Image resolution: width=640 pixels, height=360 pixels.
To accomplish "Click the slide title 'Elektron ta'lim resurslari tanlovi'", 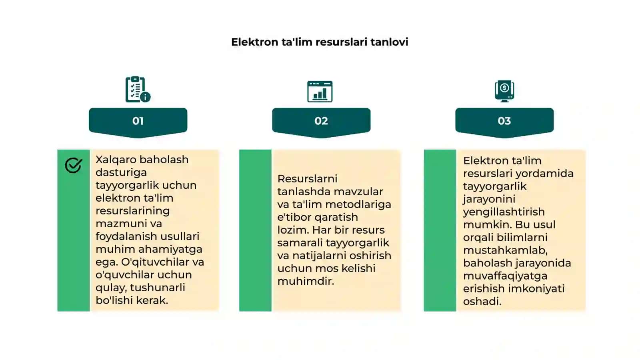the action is pyautogui.click(x=320, y=42).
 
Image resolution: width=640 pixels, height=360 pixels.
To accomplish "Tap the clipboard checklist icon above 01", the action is pyautogui.click(x=138, y=89).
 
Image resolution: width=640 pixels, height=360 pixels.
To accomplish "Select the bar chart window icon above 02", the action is pyautogui.click(x=320, y=92).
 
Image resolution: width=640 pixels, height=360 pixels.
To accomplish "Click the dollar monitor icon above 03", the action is pyautogui.click(x=504, y=91).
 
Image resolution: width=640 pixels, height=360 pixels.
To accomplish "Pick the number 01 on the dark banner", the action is pyautogui.click(x=138, y=121).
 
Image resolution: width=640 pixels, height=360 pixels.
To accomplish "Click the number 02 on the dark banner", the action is pyautogui.click(x=321, y=121).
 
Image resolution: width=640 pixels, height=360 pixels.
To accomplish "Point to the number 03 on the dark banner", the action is pyautogui.click(x=504, y=121).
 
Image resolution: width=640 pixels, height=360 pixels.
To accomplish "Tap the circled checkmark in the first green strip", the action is pyautogui.click(x=74, y=165).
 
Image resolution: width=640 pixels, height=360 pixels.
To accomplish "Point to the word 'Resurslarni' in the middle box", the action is pyautogui.click(x=308, y=179).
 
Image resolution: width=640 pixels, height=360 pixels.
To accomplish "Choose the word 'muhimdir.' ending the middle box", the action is pyautogui.click(x=306, y=281).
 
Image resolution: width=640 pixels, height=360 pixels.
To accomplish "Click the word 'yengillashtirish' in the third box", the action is pyautogui.click(x=504, y=212).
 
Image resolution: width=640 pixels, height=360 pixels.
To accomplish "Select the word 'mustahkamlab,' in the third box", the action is pyautogui.click(x=506, y=250).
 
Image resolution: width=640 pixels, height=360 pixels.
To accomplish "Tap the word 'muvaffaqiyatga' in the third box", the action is pyautogui.click(x=505, y=276).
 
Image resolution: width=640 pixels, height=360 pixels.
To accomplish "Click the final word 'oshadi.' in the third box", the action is pyautogui.click(x=482, y=302).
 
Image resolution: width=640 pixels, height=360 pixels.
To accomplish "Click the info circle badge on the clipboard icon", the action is pyautogui.click(x=145, y=97).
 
